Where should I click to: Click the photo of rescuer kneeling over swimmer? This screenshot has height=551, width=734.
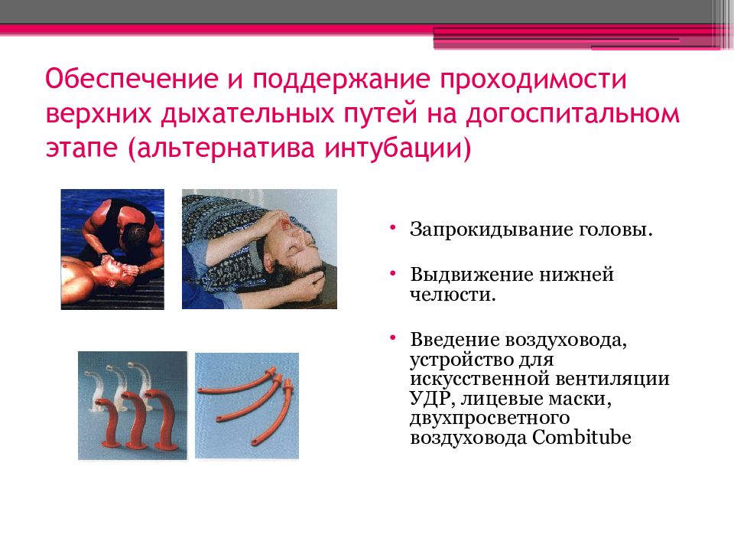coord(112,249)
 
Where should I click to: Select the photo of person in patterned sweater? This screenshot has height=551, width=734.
coord(259,249)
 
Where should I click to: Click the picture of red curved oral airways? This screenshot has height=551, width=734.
coord(132,406)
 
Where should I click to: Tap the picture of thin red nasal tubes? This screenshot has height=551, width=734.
coord(247,406)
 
